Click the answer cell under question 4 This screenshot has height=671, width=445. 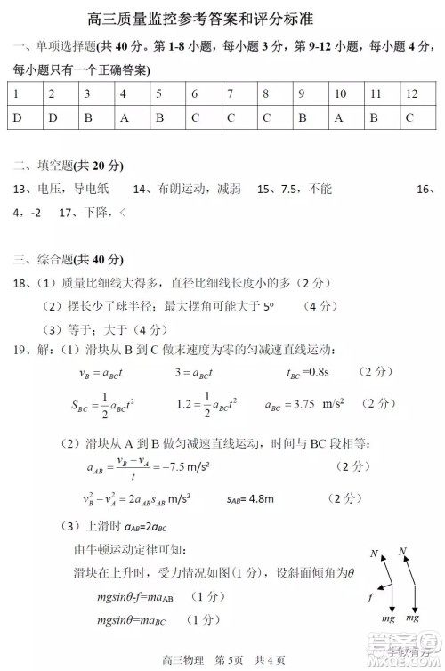(x=124, y=117)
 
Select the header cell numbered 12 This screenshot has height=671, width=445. (x=411, y=93)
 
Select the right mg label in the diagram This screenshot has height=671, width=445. (x=412, y=617)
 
